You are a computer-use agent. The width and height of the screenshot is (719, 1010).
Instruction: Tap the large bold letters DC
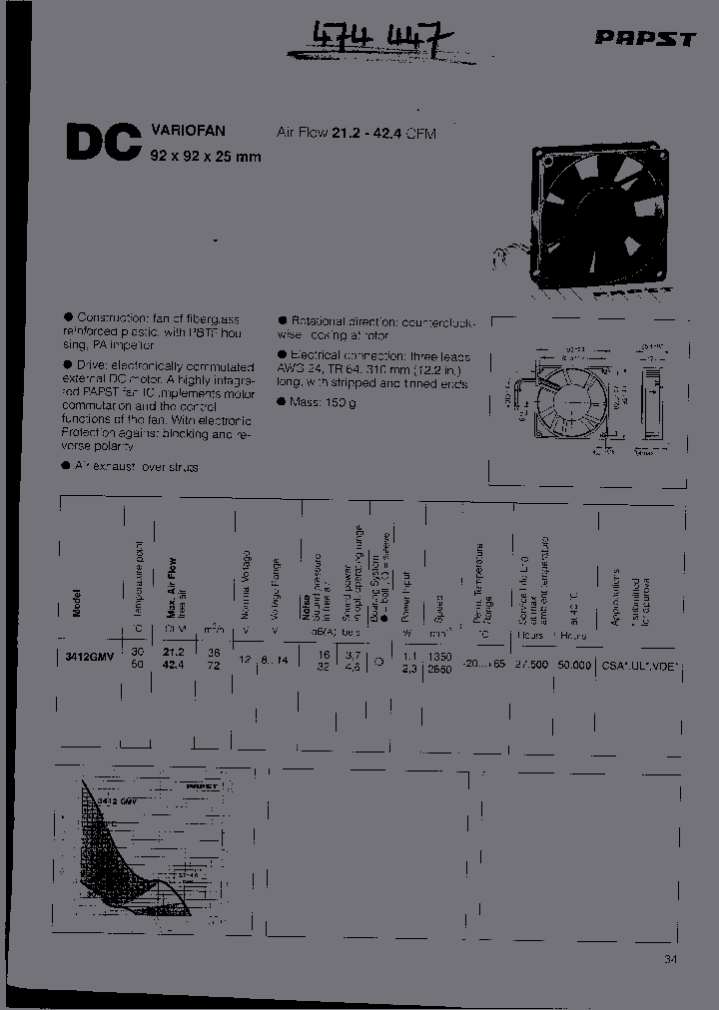[103, 143]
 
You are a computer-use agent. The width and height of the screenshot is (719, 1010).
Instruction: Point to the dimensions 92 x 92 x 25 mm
[206, 157]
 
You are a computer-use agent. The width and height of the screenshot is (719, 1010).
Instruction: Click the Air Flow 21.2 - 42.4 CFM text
[358, 133]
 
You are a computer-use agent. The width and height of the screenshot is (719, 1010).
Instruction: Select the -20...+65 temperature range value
[484, 664]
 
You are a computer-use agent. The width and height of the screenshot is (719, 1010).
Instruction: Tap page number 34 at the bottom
[668, 960]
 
